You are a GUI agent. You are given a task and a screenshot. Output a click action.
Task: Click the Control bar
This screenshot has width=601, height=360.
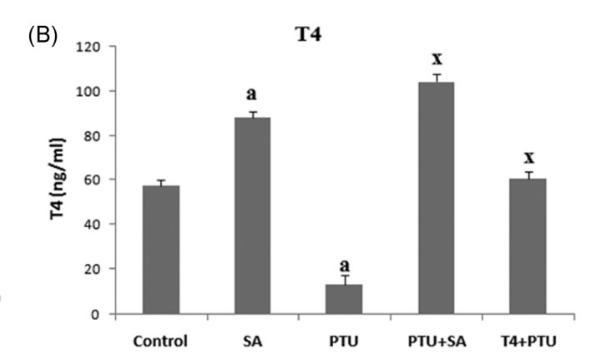(161, 250)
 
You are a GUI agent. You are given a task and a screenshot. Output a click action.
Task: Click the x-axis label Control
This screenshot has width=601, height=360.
(161, 341)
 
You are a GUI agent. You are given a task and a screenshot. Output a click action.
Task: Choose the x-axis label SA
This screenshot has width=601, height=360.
(252, 341)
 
